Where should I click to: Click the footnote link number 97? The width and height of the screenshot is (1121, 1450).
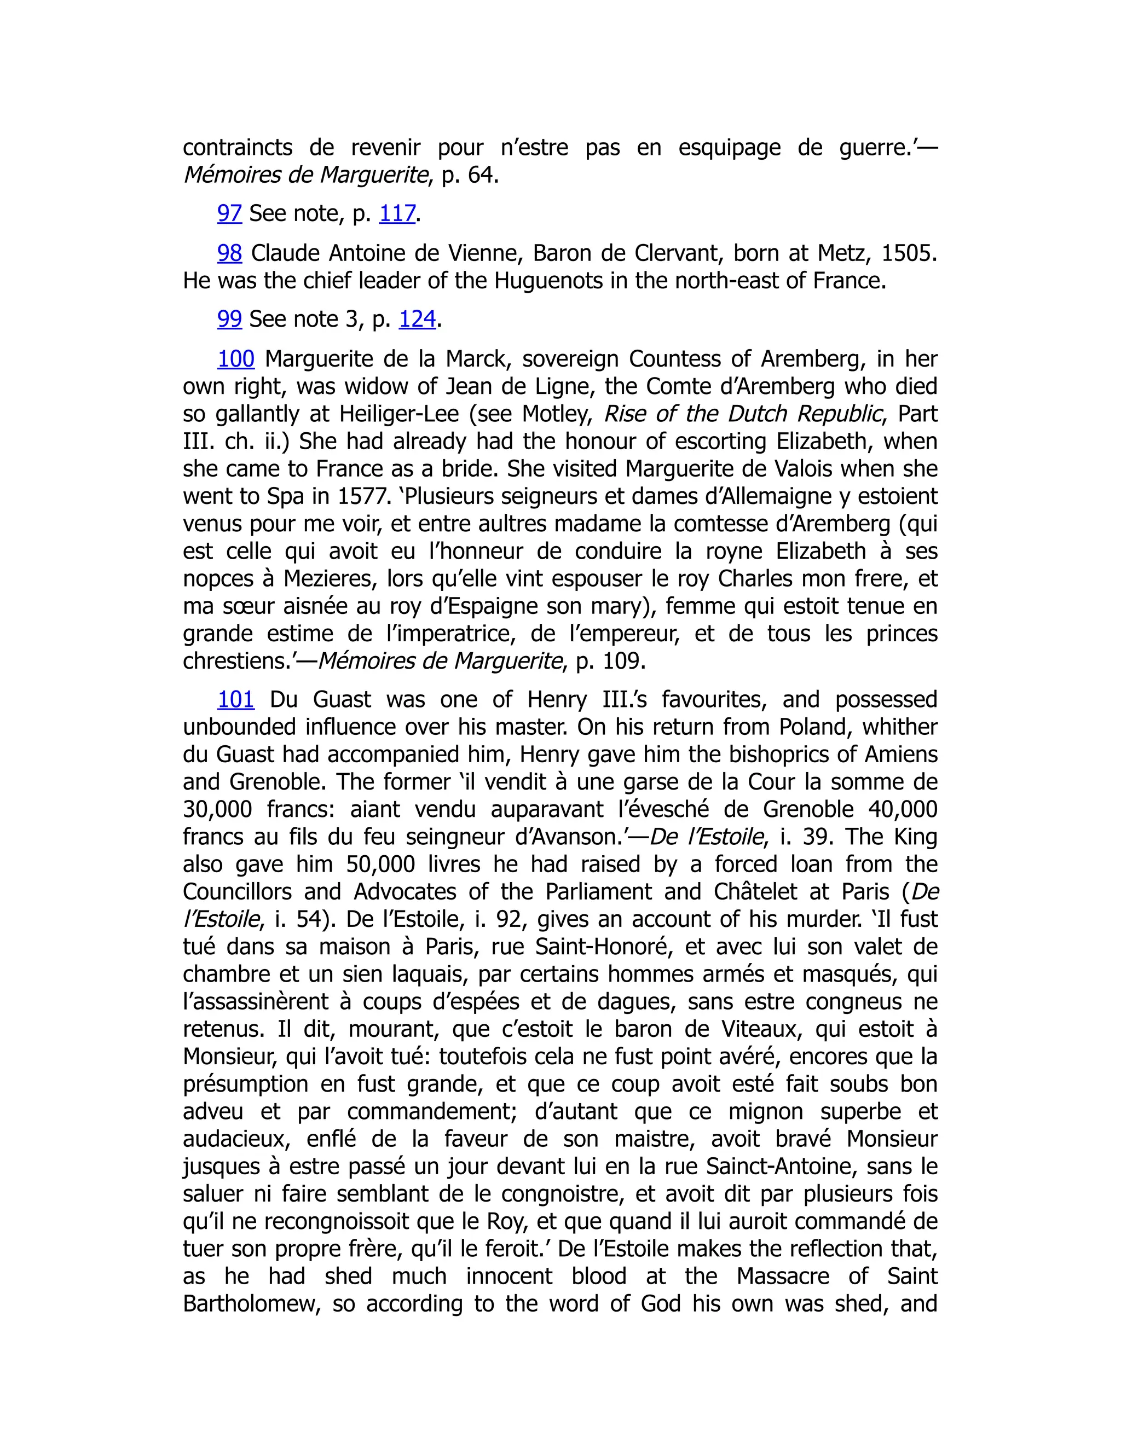[x=229, y=213]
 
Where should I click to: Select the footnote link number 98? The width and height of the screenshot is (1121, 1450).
[x=230, y=253]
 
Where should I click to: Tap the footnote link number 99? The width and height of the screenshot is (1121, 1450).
[x=229, y=320]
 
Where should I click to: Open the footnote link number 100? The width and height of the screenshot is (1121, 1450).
[x=236, y=359]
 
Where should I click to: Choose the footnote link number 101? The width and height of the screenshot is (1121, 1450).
[x=236, y=700]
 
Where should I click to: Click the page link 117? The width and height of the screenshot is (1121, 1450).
[x=397, y=213]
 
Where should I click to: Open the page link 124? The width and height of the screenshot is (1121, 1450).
[x=417, y=320]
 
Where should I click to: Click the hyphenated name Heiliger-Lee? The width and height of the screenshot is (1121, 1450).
[x=399, y=414]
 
